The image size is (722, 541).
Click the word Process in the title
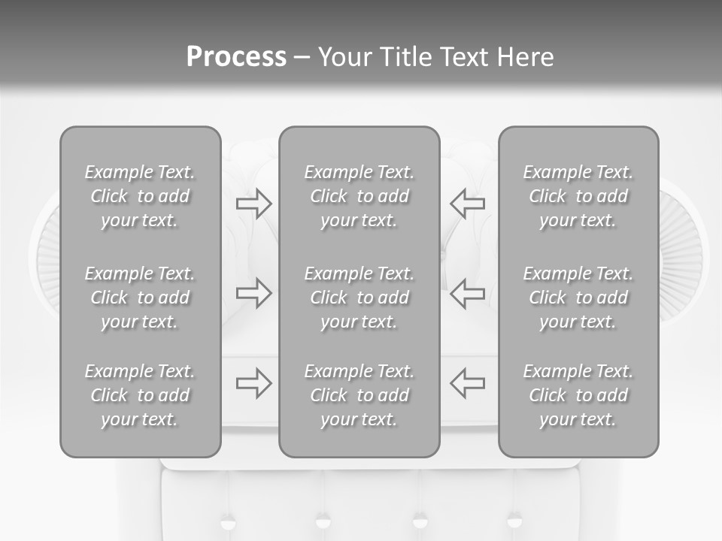(236, 57)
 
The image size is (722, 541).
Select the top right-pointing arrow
(254, 203)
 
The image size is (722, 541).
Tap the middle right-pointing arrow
(254, 293)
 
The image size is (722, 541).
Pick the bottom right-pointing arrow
(254, 383)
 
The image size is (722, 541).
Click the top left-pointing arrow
(467, 203)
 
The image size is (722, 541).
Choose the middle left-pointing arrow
(467, 293)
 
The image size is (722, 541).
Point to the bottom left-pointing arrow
(467, 383)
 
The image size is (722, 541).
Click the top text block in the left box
(140, 196)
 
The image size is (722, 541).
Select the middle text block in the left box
(140, 298)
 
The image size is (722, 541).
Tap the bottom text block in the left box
(140, 395)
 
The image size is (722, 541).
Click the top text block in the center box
(359, 196)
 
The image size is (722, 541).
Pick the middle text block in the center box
(359, 298)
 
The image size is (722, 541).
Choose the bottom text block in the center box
(359, 395)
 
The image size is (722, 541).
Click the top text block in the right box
(578, 196)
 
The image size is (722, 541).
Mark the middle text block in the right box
(578, 298)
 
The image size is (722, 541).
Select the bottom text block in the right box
(578, 395)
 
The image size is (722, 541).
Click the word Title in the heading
(407, 57)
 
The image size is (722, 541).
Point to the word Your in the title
(345, 57)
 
